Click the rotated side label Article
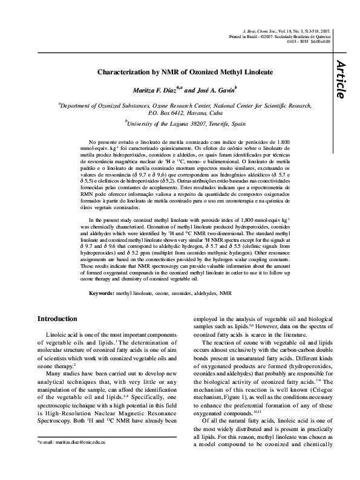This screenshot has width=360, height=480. tap(340, 79)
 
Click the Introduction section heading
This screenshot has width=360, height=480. tap(57, 319)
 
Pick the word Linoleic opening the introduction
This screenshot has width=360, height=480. tap(59, 334)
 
